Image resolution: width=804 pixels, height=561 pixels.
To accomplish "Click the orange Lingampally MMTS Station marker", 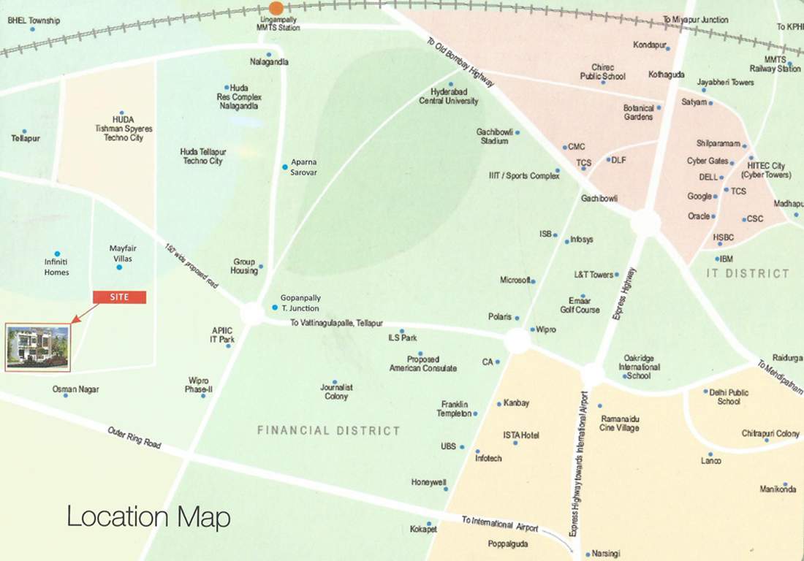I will coord(276,7).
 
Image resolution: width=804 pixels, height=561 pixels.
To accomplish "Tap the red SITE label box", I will coord(119,297).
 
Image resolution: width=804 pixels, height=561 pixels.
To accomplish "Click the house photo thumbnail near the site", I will coord(38,347).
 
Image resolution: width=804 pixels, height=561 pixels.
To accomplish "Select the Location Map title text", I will coord(148,517).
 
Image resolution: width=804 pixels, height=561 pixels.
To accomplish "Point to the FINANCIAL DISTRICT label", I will coord(329,431).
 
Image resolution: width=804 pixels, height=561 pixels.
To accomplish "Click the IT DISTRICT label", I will coord(748,273).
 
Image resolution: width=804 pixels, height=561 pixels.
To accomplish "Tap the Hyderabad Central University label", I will coord(449,96).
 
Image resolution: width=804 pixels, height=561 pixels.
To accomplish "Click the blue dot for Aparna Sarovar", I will coord(285,167).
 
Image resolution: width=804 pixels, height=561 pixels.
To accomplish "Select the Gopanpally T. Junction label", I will coord(300,303).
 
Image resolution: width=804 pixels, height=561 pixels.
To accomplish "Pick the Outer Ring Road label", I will coord(134,438).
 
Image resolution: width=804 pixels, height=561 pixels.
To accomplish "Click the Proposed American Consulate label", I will coord(422,364).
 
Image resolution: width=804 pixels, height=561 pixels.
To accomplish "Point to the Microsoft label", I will coord(516,280).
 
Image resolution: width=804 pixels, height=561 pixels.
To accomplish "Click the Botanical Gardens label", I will coord(638,112).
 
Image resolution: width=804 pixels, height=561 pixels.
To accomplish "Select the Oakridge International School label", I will coord(639,367).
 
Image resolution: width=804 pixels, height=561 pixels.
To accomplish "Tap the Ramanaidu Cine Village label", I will coord(620,422).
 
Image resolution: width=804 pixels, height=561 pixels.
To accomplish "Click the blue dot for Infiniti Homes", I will coord(57,253).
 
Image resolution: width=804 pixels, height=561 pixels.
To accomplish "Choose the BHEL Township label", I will coord(34,20).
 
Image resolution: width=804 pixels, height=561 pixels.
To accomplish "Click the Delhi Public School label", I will coord(729,397).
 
